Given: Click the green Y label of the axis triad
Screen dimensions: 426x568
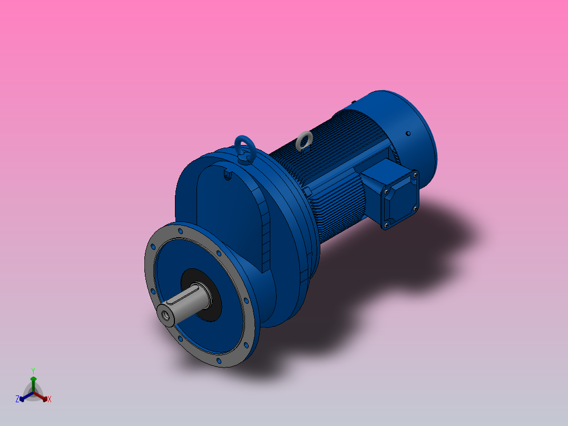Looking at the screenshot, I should pyautogui.click(x=33, y=371).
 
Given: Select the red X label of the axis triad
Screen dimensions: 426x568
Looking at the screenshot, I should pyautogui.click(x=50, y=400).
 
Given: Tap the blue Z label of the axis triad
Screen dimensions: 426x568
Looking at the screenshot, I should pyautogui.click(x=17, y=400).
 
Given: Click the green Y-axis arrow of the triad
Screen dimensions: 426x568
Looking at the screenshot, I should pyautogui.click(x=33, y=382).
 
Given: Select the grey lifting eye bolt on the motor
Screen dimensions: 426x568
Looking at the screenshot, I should pyautogui.click(x=303, y=140).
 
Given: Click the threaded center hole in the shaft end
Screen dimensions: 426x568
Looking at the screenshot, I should pyautogui.click(x=166, y=315).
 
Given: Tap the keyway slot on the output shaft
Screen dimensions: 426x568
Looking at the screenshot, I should pyautogui.click(x=196, y=288).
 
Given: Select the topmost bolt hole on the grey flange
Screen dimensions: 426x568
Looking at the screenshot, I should pyautogui.click(x=181, y=231).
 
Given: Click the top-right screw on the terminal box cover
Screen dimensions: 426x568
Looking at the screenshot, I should pyautogui.click(x=415, y=173).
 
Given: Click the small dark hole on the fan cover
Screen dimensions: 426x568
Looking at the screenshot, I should pyautogui.click(x=407, y=134).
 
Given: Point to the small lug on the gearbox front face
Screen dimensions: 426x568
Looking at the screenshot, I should pyautogui.click(x=227, y=176).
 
